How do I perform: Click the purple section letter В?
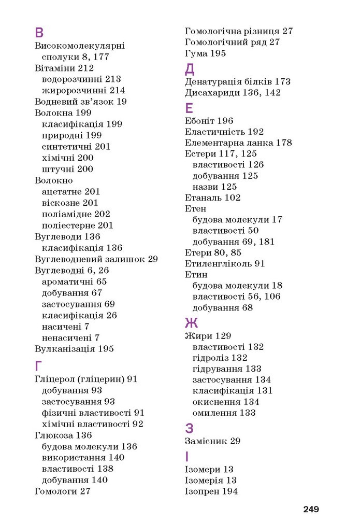tap(39, 33)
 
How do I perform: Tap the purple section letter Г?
tap(39, 365)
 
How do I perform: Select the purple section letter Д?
tap(190, 68)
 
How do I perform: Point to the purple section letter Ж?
tap(191, 323)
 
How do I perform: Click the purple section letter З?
tap(189, 428)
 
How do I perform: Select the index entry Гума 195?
tap(205, 53)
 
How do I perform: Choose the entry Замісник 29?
tap(212, 441)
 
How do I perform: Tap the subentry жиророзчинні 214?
tap(83, 90)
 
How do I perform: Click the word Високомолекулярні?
tap(79, 46)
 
